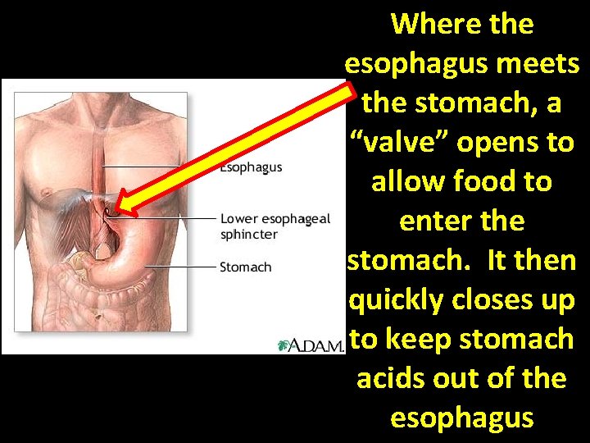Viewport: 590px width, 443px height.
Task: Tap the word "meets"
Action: point(538,63)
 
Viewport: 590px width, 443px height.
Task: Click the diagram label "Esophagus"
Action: point(251,167)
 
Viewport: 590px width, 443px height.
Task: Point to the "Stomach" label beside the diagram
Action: point(245,267)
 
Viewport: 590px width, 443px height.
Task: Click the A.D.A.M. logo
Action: point(311,345)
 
